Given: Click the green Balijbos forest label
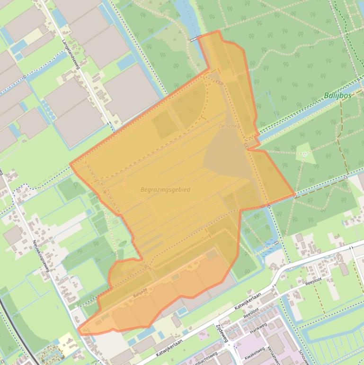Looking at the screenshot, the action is tap(337, 96).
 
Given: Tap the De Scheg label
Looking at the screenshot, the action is tap(229, 127).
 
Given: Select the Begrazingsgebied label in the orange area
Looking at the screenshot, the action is tap(165, 190).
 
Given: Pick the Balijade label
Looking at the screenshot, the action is tap(140, 294).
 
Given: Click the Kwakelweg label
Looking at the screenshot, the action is tap(254, 353).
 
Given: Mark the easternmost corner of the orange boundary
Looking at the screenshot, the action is tap(295, 195).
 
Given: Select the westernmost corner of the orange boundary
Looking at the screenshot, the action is tap(70, 164).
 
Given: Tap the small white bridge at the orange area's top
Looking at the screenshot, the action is tap(194, 40).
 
